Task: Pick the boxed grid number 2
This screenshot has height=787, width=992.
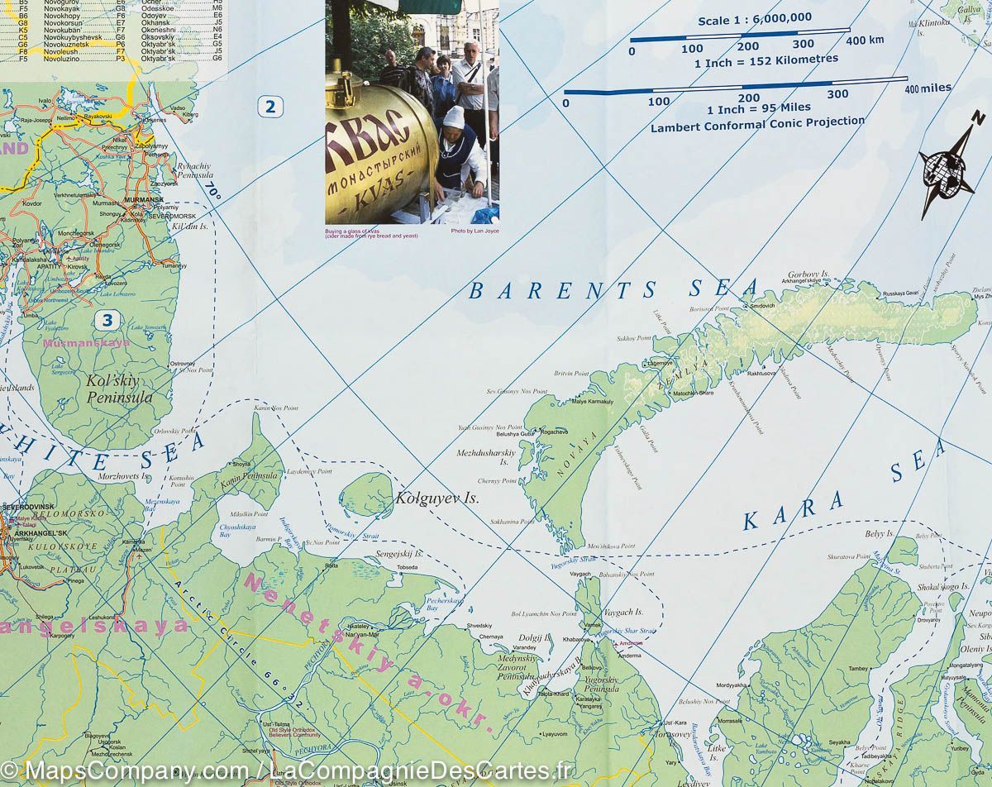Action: pyautogui.click(x=269, y=106)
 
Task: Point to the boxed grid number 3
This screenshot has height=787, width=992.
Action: pyautogui.click(x=107, y=320)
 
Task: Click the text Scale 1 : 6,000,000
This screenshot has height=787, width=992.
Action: pyautogui.click(x=754, y=18)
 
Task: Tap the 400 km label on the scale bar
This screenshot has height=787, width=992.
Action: pyautogui.click(x=865, y=41)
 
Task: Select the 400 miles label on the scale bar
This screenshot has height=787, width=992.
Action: pyautogui.click(x=928, y=88)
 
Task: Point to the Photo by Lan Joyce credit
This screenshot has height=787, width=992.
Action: pyautogui.click(x=475, y=231)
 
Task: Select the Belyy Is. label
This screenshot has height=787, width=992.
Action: pyautogui.click(x=880, y=534)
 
